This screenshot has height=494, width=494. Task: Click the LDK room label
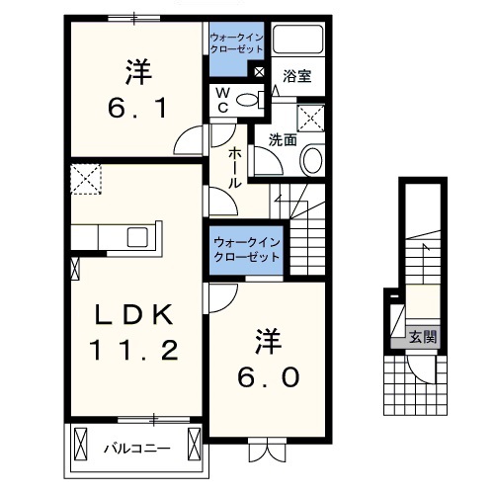point(134,315)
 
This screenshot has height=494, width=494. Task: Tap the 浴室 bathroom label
point(297,76)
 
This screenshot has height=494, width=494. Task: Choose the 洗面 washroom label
point(284,139)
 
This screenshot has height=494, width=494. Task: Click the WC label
point(223,100)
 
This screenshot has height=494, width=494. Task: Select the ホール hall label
point(238,168)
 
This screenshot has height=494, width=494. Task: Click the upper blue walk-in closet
point(237,51)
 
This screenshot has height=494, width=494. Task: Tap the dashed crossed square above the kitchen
point(85,180)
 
